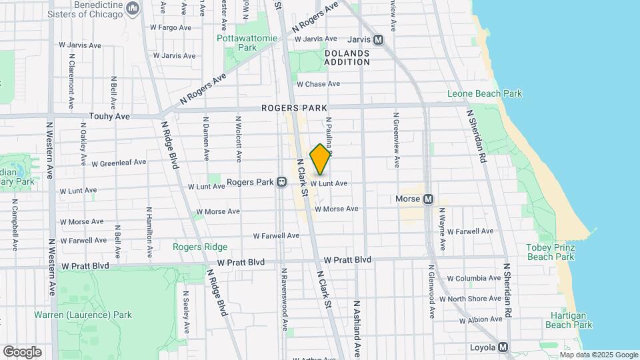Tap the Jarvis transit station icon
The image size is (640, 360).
click(x=379, y=39)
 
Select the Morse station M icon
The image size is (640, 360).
click(x=429, y=199)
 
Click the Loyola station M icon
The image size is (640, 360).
click(x=503, y=347)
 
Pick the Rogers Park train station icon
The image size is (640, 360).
click(x=282, y=182)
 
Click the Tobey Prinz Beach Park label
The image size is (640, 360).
click(x=550, y=251)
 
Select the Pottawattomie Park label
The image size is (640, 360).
click(x=237, y=43)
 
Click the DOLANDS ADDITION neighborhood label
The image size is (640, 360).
click(x=347, y=57)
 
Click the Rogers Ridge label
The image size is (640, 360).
click(x=200, y=247)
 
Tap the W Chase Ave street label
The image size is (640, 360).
click(x=318, y=84)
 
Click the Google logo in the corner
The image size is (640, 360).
click(x=22, y=351)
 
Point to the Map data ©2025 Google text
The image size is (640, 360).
click(x=599, y=355)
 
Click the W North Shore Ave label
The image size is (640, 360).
click(x=474, y=299)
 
